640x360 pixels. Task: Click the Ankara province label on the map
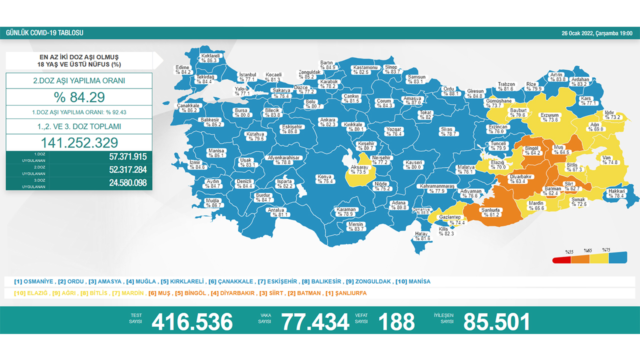[x=328, y=122]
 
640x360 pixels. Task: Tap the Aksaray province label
[x=359, y=169]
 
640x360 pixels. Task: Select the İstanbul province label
[x=247, y=76]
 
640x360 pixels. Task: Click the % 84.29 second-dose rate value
[x=79, y=96]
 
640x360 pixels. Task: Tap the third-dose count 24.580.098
[x=127, y=183]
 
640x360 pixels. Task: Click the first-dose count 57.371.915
[x=127, y=156]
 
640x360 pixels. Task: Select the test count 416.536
[x=192, y=321]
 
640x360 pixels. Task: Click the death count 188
[x=396, y=321]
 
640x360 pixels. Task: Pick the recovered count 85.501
[x=496, y=321]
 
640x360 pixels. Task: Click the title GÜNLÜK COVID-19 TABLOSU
[x=44, y=33]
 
